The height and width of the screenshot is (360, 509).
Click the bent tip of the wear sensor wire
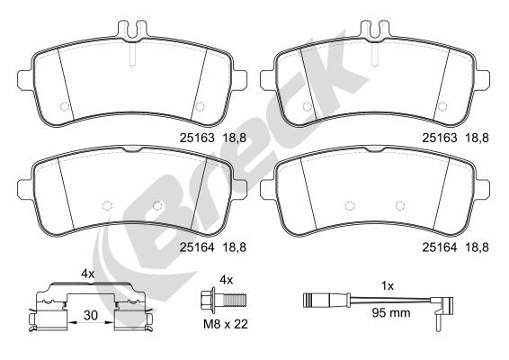click(436, 316)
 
